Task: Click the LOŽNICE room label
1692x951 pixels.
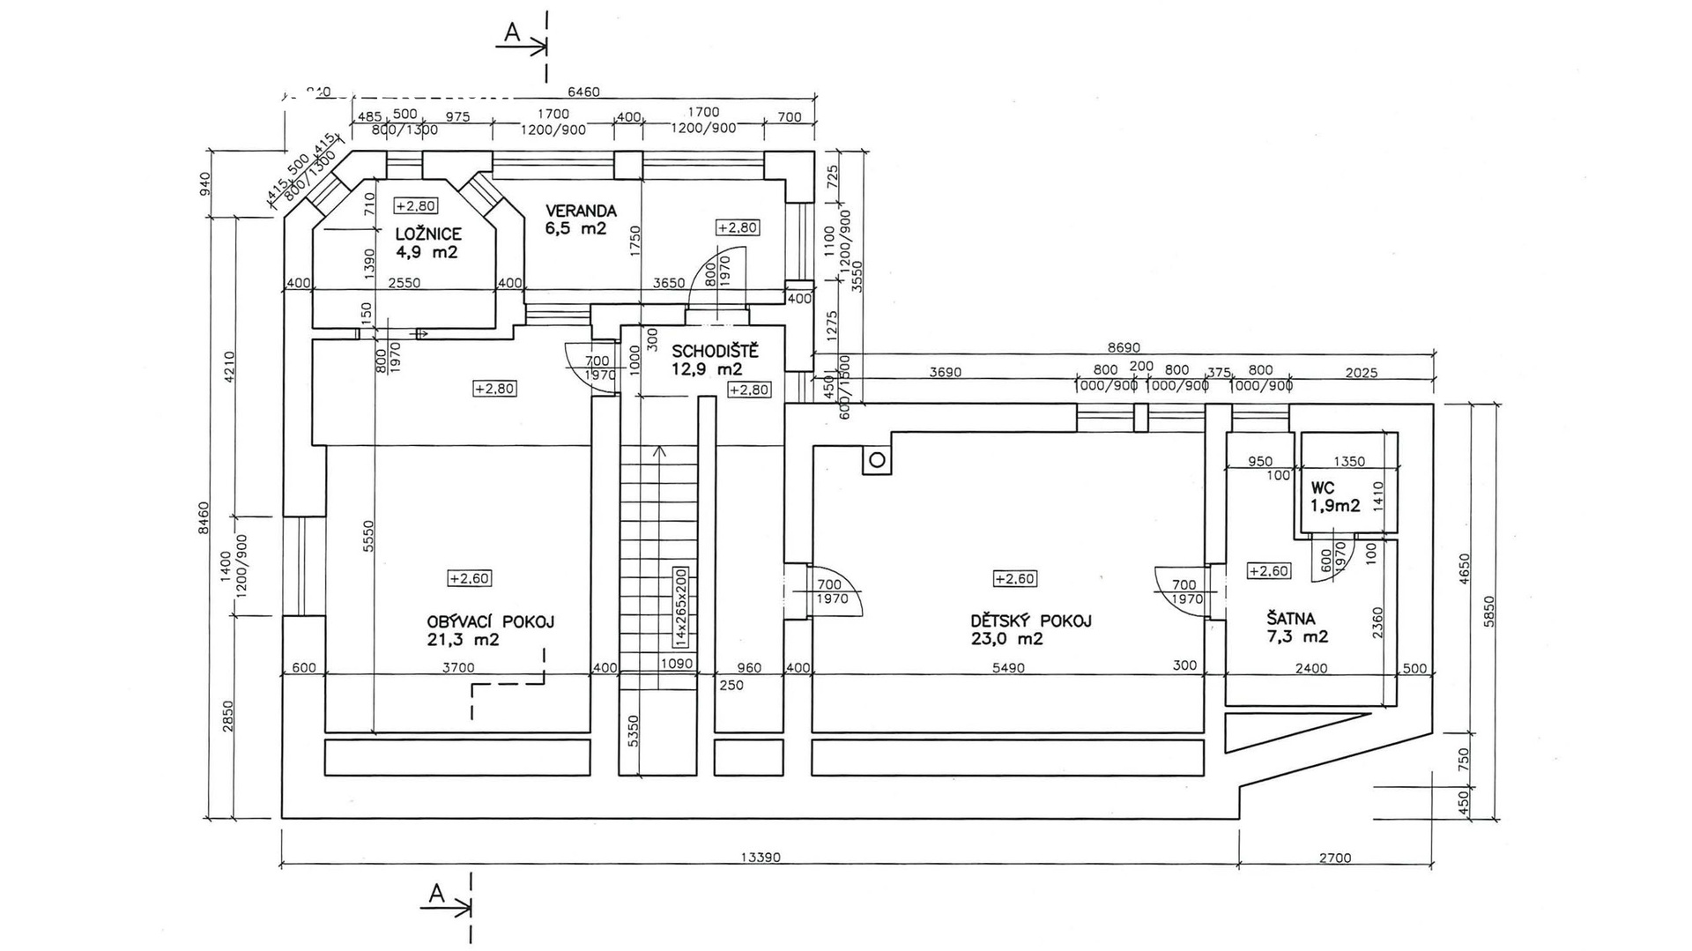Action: click(428, 234)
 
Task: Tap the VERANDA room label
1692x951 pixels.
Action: click(581, 212)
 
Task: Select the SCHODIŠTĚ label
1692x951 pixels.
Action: click(715, 353)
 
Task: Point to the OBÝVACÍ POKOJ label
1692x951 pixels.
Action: click(490, 621)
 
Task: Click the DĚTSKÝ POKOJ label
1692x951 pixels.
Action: click(1030, 620)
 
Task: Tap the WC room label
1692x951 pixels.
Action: click(1323, 488)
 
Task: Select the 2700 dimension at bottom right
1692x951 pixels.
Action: click(1335, 857)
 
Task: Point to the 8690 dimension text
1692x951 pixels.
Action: click(1123, 347)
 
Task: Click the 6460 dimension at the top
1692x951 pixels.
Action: click(583, 92)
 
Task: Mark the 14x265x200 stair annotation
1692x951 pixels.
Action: click(680, 607)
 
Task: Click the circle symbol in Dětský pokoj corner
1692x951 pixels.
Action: click(877, 460)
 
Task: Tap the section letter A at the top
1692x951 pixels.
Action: click(512, 33)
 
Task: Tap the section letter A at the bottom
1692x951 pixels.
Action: click(436, 894)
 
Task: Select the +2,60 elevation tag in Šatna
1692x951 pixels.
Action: click(1269, 571)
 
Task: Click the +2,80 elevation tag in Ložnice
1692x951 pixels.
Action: click(415, 206)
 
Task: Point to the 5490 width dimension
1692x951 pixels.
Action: click(1008, 668)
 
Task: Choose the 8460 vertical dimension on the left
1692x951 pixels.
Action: click(204, 517)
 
